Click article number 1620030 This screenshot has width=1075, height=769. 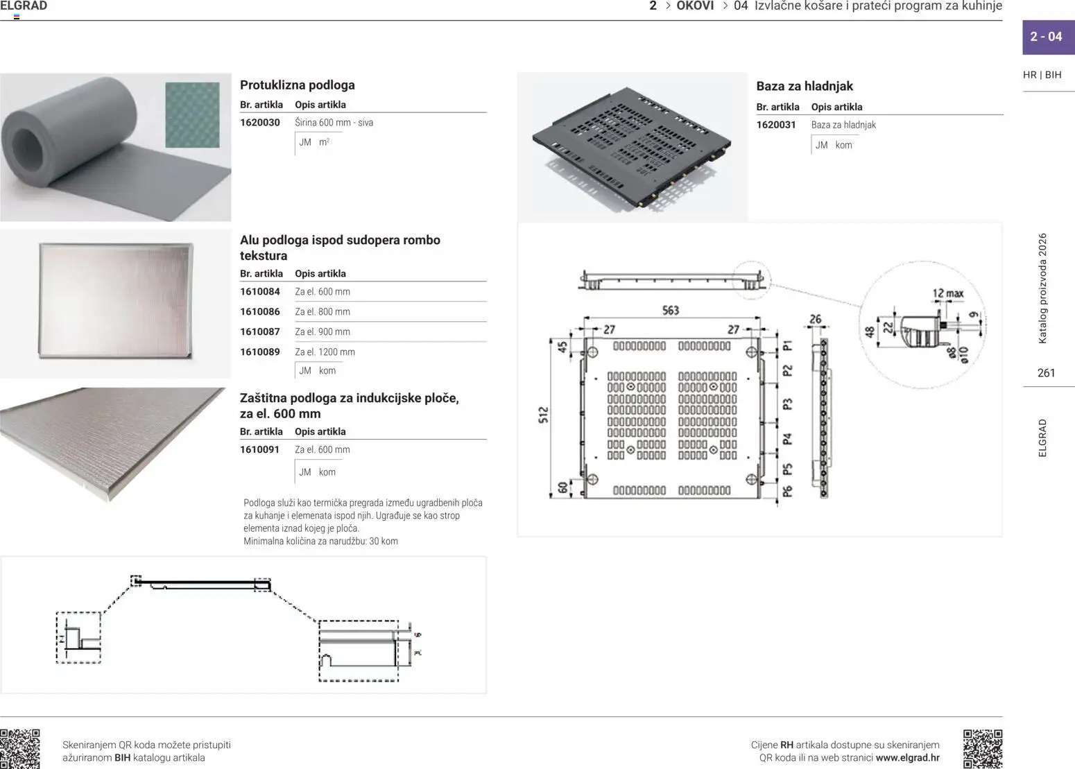click(x=259, y=123)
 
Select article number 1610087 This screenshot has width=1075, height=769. click(x=259, y=332)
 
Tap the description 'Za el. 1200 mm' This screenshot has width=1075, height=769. click(x=325, y=352)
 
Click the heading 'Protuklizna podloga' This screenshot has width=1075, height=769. click(x=297, y=85)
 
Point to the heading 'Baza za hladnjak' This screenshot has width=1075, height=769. click(x=804, y=87)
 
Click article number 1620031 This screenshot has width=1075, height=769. click(x=775, y=125)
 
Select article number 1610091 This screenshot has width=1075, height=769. click(x=259, y=450)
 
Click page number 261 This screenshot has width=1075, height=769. click(x=1046, y=373)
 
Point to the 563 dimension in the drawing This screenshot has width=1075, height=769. click(x=670, y=311)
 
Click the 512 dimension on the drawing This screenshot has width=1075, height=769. click(x=543, y=415)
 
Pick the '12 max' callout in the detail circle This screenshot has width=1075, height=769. click(x=947, y=294)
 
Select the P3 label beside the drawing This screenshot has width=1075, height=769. click(x=787, y=404)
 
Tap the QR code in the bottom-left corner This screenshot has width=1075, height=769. click(x=20, y=749)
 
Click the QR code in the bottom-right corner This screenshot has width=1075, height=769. click(x=982, y=748)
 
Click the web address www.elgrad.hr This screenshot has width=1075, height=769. click(x=907, y=758)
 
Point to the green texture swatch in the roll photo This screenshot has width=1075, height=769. click(x=192, y=115)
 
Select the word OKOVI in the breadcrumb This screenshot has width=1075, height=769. click(x=695, y=6)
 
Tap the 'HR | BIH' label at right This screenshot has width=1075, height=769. click(x=1042, y=75)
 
